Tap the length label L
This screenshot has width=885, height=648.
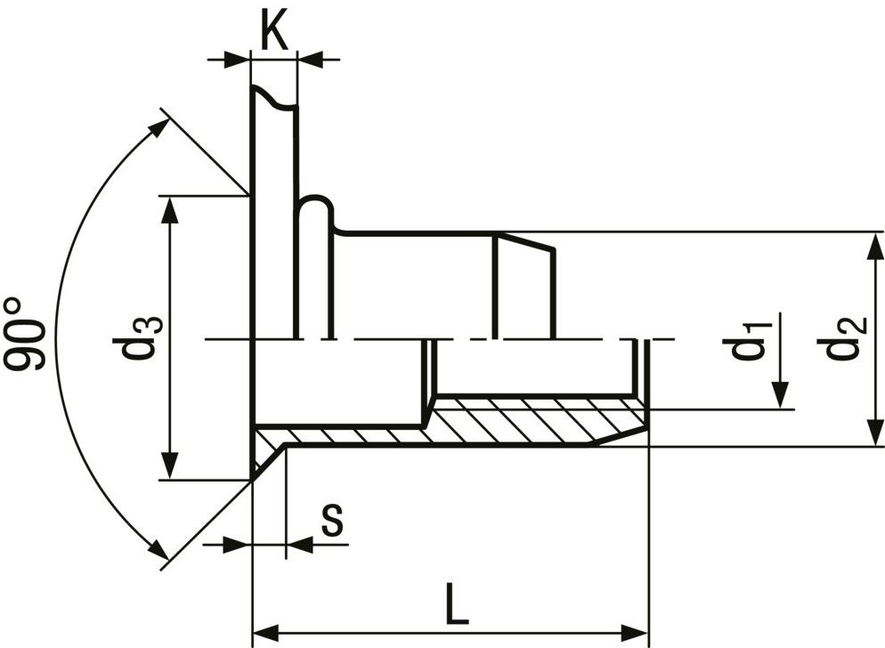[x=456, y=605]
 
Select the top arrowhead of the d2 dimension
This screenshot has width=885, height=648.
[x=869, y=244]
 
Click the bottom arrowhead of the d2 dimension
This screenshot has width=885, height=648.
[x=869, y=433]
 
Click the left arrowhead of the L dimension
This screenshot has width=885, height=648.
[x=265, y=629]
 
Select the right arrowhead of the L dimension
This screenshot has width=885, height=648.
[x=636, y=629]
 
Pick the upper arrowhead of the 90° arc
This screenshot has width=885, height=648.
[x=158, y=126]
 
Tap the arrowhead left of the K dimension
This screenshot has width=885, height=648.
[x=237, y=60]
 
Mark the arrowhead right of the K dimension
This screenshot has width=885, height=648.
[x=309, y=60]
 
